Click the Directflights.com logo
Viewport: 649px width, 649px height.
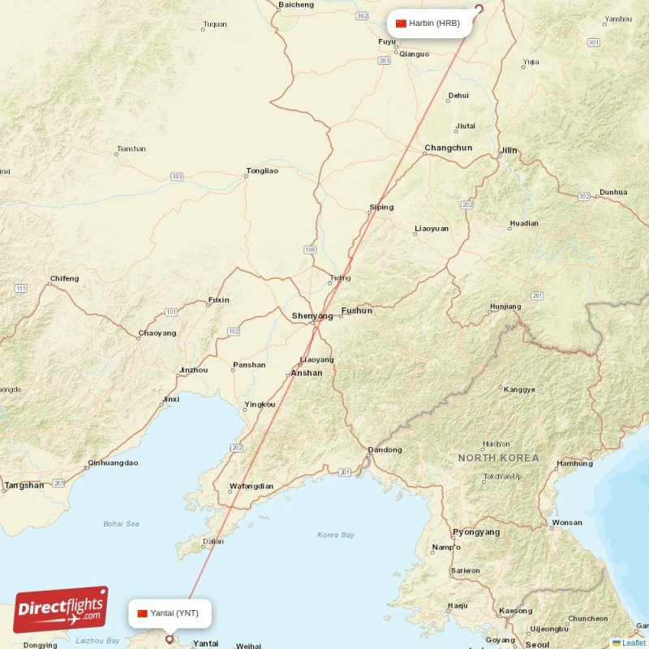[x=61, y=609]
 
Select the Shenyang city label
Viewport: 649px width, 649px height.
[x=312, y=316]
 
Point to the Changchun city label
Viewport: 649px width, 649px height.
[x=448, y=148]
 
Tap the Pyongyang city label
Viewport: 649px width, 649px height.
[x=476, y=532]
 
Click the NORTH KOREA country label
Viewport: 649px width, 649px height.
[x=498, y=458]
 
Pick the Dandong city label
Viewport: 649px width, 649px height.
[x=385, y=449]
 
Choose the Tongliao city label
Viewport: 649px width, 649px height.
[x=262, y=171]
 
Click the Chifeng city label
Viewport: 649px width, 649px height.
[x=64, y=279]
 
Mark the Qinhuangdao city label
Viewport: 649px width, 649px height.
[x=113, y=463]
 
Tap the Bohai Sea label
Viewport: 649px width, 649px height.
[x=121, y=524]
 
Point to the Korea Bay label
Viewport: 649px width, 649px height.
[x=336, y=535]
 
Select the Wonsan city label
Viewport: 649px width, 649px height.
[x=566, y=522]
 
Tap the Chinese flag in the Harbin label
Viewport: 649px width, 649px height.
[x=401, y=24]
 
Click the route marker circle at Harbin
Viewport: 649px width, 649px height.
[x=478, y=10]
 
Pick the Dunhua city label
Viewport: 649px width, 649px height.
[x=612, y=192]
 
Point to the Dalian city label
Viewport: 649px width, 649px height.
[x=213, y=540]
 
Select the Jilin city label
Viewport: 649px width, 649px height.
[x=509, y=150]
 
